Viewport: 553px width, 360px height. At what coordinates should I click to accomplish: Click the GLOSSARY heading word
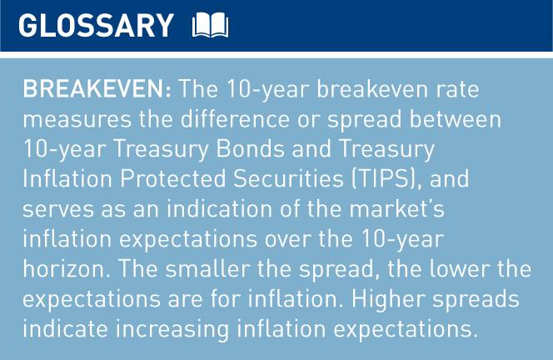(96, 26)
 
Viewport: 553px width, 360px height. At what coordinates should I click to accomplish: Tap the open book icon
(210, 27)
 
